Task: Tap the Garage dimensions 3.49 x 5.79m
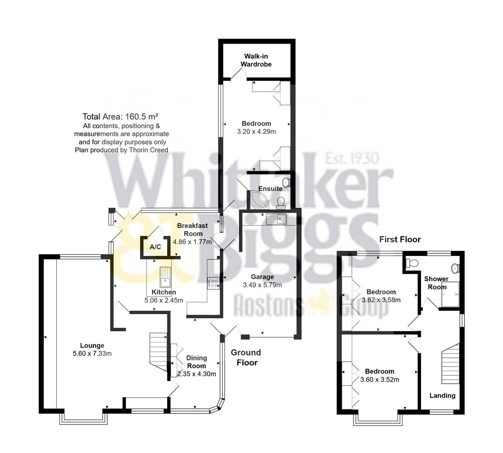[262, 285]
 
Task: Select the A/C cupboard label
[155, 247]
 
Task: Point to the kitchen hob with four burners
[214, 284]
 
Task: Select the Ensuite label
[270, 189]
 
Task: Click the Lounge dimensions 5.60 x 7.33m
[92, 354]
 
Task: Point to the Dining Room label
[197, 362]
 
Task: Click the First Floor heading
[400, 240]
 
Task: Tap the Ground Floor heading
[246, 357]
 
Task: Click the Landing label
[443, 395]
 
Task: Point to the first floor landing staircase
[449, 365]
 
